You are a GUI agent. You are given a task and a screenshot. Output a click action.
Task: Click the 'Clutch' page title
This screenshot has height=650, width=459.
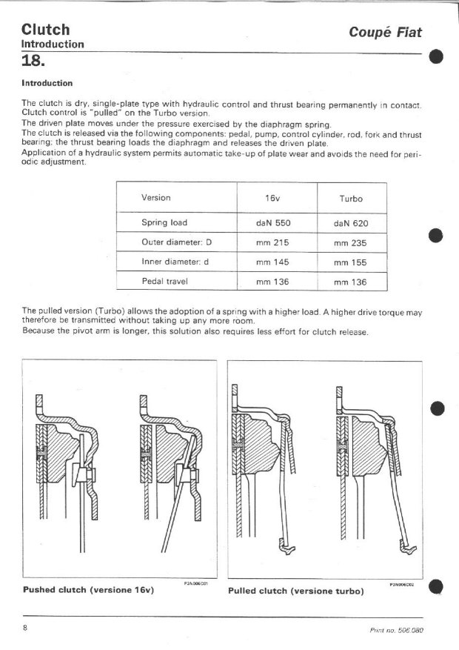[x=46, y=30]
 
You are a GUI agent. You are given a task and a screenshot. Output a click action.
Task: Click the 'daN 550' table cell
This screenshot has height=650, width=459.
[x=272, y=222]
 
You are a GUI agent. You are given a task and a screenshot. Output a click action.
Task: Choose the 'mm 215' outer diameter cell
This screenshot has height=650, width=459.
[x=272, y=242]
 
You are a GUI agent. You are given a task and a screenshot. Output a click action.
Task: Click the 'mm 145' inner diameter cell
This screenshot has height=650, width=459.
[x=272, y=262]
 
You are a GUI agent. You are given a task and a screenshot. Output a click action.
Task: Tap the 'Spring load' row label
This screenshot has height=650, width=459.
[x=164, y=222]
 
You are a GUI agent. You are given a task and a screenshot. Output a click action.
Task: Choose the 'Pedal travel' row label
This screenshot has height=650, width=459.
[x=164, y=282]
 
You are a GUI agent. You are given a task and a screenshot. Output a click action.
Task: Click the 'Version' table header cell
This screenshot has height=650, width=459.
[x=155, y=198]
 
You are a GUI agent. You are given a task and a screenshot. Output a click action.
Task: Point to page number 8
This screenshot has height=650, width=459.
[x=25, y=629]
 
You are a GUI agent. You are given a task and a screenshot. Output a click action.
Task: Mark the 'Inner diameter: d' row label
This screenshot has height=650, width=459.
[x=172, y=262]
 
